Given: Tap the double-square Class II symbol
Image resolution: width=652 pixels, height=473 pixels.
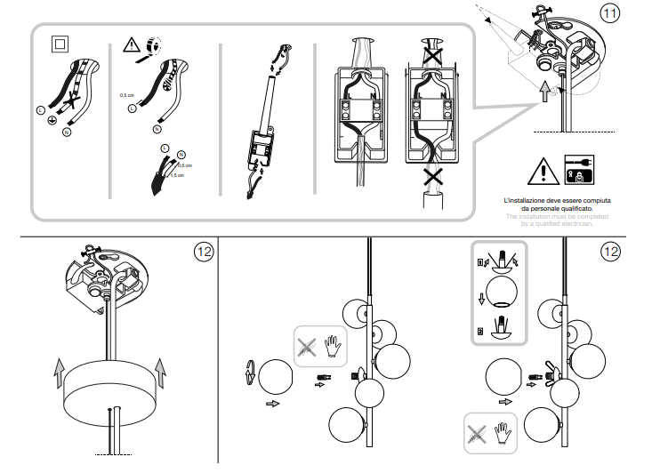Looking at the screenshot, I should (59, 44).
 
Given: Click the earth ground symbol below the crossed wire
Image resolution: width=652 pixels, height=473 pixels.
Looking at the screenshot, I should (52, 118).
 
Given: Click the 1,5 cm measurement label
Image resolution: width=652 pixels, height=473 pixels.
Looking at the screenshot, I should (177, 175).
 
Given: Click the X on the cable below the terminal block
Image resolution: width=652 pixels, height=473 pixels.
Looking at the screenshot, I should (433, 177).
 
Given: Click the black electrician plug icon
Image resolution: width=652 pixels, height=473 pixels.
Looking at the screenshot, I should (577, 168).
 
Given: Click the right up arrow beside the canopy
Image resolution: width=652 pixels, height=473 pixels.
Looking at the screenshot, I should (161, 371).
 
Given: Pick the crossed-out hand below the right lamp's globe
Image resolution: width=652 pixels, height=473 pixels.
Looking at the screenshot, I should (479, 433).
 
